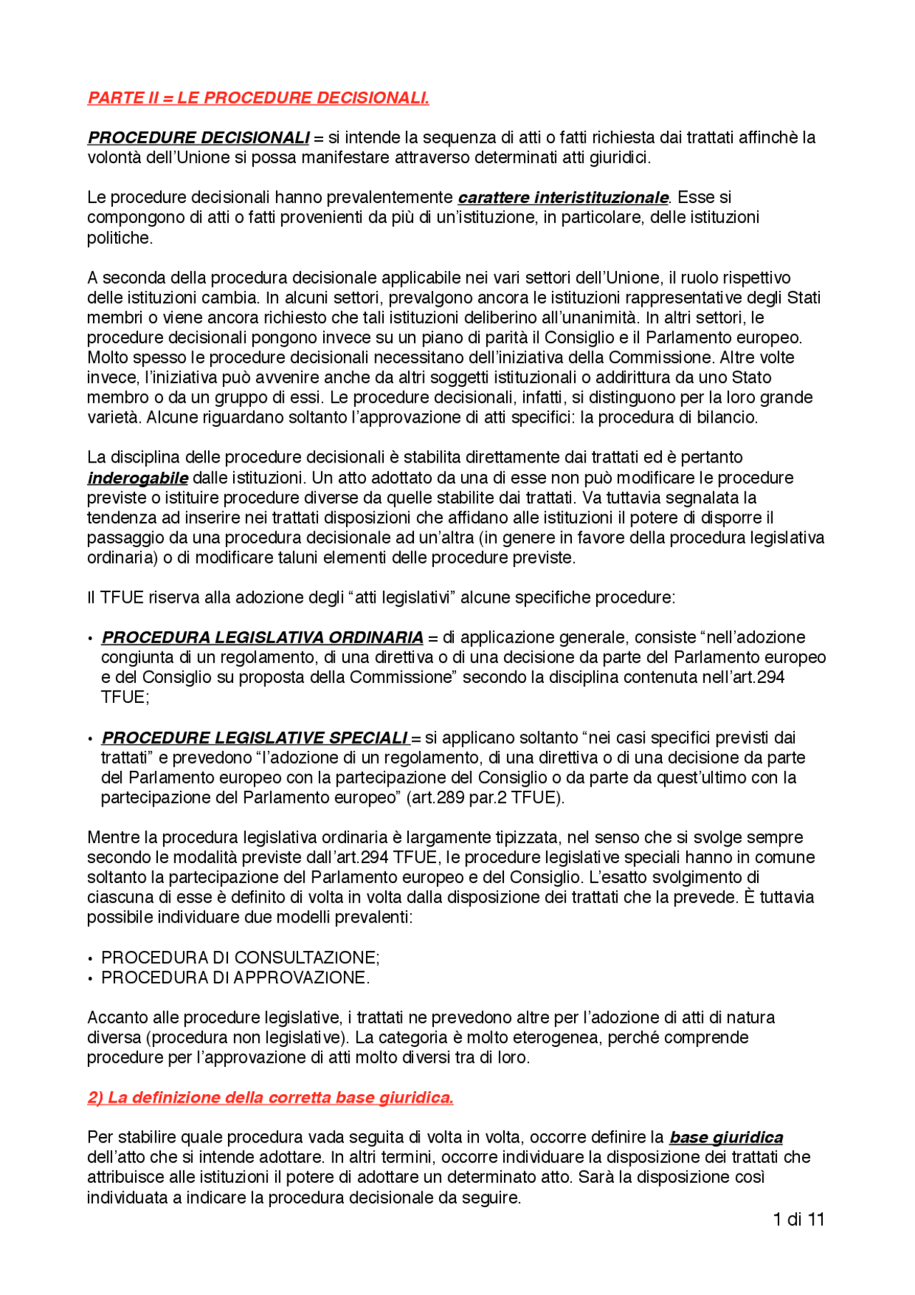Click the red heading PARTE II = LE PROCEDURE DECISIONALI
(x=258, y=98)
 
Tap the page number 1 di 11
(x=798, y=1220)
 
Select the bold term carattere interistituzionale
(x=563, y=197)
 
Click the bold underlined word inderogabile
(x=137, y=478)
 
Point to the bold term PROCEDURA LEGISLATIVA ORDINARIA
(x=262, y=638)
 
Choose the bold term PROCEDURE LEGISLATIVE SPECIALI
(x=254, y=738)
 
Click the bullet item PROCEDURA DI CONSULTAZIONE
(x=240, y=958)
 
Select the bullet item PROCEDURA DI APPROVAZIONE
(x=235, y=978)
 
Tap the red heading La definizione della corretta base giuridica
(x=270, y=1098)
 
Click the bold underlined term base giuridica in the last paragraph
(x=726, y=1138)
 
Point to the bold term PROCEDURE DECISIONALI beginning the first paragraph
(x=199, y=138)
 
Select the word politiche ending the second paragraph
(x=119, y=238)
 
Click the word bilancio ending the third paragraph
(x=731, y=418)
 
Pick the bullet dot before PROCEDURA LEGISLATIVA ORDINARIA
(x=91, y=639)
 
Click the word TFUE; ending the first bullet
(x=124, y=698)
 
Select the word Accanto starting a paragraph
(x=117, y=1018)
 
